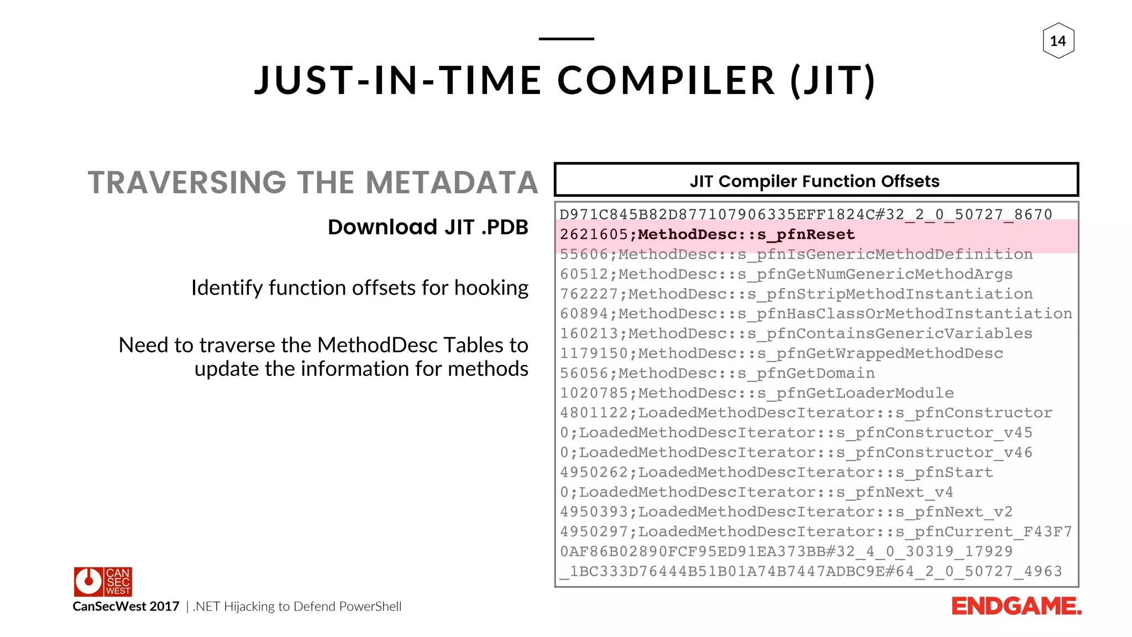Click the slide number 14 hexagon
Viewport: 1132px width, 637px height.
(1058, 41)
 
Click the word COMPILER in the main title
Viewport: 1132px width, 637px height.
(666, 81)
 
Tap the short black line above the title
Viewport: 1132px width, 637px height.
(566, 39)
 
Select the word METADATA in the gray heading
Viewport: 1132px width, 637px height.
(452, 183)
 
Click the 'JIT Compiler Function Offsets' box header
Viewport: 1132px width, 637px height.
(816, 180)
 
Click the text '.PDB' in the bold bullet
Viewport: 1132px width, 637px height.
(505, 227)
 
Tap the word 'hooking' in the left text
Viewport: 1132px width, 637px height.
(491, 288)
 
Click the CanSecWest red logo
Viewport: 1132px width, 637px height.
(103, 581)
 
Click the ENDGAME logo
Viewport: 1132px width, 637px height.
(1016, 607)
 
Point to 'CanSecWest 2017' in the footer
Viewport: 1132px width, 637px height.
(126, 607)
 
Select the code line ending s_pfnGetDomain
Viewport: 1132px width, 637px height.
(717, 373)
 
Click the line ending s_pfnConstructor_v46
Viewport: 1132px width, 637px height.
(795, 452)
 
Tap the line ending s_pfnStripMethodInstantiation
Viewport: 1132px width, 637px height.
(796, 294)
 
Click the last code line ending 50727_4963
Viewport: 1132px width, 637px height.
(810, 571)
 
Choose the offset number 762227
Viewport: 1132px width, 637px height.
(589, 294)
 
